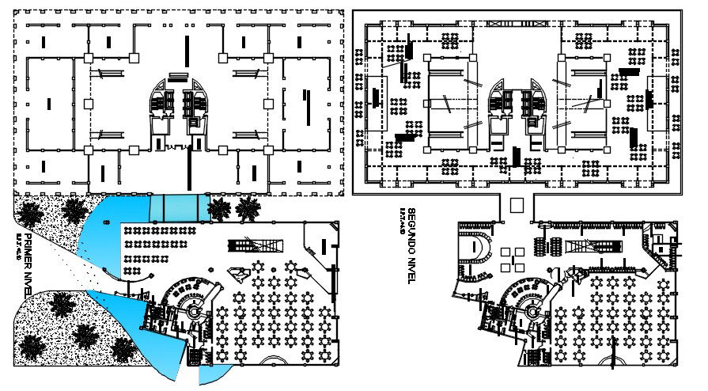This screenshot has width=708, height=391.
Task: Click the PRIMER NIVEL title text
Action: pyautogui.click(x=28, y=262)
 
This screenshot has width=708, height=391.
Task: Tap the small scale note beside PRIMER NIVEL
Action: pyautogui.click(x=17, y=241)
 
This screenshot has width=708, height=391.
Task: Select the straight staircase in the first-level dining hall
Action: pyautogui.click(x=244, y=245)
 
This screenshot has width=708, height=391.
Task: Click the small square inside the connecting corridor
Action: pyautogui.click(x=516, y=205)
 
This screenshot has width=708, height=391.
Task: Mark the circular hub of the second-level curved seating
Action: pyautogui.click(x=532, y=313)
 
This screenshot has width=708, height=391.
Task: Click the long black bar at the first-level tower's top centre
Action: pyautogui.click(x=187, y=49)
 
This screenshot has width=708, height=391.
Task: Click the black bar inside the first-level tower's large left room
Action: pyautogui.click(x=49, y=103)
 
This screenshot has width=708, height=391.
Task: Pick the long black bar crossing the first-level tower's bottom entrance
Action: pyautogui.click(x=189, y=166)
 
